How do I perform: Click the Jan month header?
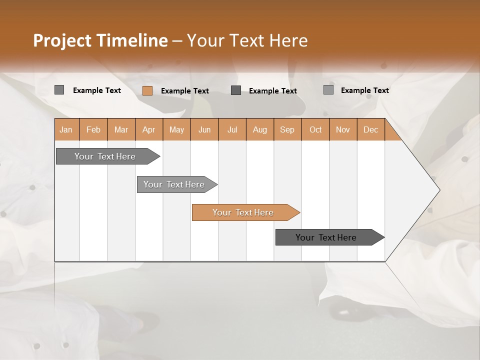pyautogui.click(x=66, y=129)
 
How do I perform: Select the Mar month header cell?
pyautogui.click(x=121, y=129)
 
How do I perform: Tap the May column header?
pyautogui.click(x=176, y=129)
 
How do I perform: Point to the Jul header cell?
pyautogui.click(x=232, y=129)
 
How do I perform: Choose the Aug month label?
pyautogui.click(x=259, y=129)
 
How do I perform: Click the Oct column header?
pyautogui.click(x=315, y=129)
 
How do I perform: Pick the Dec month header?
pyautogui.click(x=370, y=129)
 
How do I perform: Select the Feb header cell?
pyautogui.click(x=93, y=129)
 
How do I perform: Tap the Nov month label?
pyautogui.click(x=342, y=129)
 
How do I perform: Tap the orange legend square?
pyautogui.click(x=147, y=90)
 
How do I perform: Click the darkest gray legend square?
pyautogui.click(x=236, y=90)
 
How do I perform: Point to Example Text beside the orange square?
pyautogui.click(x=184, y=91)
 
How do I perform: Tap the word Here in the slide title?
pyautogui.click(x=288, y=40)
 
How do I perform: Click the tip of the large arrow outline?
pyautogui.click(x=439, y=190)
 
